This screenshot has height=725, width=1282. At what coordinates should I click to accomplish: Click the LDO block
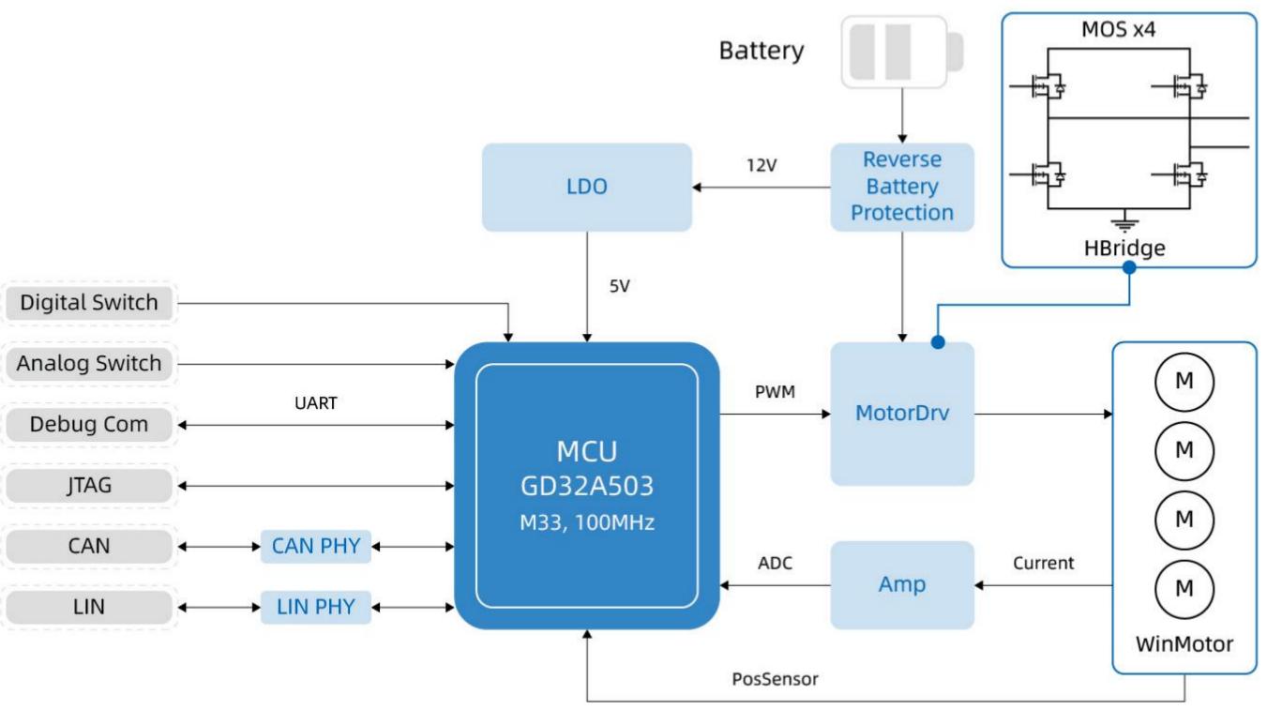click(587, 188)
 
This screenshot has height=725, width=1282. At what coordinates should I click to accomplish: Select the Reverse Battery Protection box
click(902, 188)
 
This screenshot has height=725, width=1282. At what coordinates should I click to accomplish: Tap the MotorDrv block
click(902, 414)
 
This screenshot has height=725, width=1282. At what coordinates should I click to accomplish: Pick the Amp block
click(902, 585)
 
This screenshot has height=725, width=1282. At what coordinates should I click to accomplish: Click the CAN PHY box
click(316, 547)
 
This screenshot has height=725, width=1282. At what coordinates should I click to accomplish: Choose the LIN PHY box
click(316, 607)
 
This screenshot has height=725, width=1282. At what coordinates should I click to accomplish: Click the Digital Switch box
click(89, 303)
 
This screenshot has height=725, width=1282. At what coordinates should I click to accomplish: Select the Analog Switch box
click(89, 364)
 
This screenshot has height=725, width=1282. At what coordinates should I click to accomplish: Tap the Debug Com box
click(89, 425)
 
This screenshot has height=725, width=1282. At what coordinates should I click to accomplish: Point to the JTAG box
click(89, 486)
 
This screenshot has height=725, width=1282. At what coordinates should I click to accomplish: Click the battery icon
click(902, 53)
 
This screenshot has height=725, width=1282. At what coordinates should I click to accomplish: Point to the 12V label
click(762, 165)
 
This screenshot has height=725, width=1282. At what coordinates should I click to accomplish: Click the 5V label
click(619, 285)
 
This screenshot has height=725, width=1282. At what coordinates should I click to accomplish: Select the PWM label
click(775, 392)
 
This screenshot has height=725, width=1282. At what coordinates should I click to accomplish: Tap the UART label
click(316, 403)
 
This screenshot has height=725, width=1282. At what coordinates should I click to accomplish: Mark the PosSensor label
click(775, 679)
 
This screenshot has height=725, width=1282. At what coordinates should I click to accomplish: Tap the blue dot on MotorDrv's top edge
click(938, 342)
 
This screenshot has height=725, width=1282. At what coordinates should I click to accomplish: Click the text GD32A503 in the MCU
click(587, 487)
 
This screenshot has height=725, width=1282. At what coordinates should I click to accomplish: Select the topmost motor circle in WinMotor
click(1184, 382)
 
